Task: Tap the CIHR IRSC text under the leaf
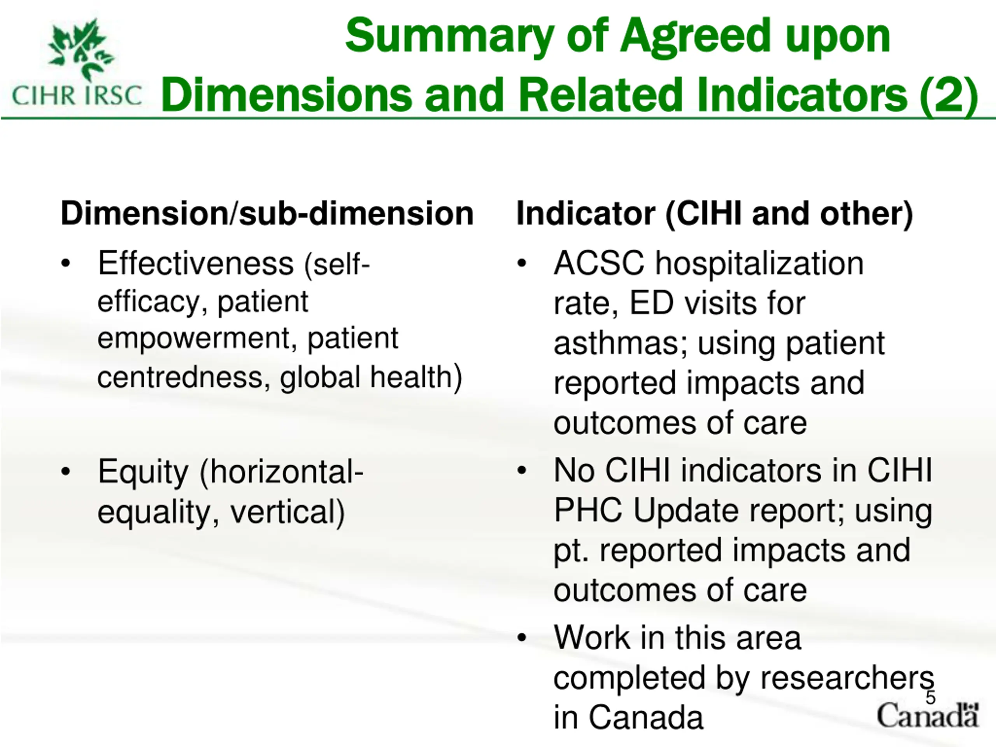tap(77, 95)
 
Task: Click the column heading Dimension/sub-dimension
tap(267, 214)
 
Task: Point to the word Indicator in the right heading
tap(586, 214)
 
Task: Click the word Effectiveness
tap(196, 263)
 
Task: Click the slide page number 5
tap(930, 698)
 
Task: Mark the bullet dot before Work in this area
tap(522, 638)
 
